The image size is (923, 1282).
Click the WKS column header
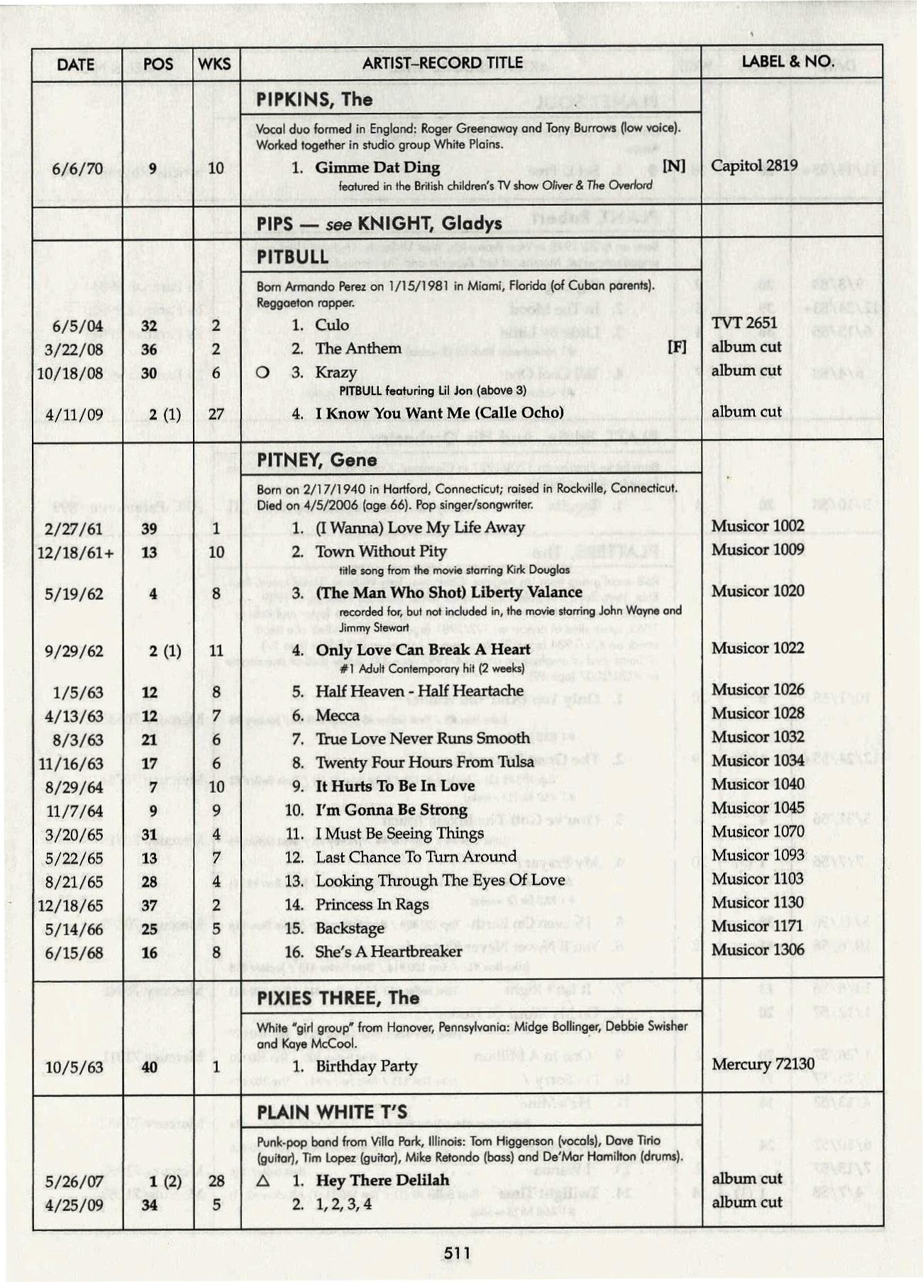pyautogui.click(x=214, y=64)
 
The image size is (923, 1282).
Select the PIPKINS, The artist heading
pyautogui.click(x=314, y=99)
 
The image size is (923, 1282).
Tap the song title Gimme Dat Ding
pyautogui.click(x=377, y=168)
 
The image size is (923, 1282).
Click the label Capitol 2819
pyautogui.click(x=754, y=166)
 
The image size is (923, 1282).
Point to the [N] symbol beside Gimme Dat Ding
pyautogui.click(x=673, y=166)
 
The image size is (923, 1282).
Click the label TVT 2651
pyautogui.click(x=744, y=323)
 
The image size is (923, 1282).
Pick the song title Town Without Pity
pyautogui.click(x=381, y=552)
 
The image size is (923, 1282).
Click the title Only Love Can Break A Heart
pyautogui.click(x=423, y=650)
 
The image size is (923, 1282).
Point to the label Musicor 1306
pyautogui.click(x=758, y=950)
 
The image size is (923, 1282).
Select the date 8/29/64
pyautogui.click(x=74, y=788)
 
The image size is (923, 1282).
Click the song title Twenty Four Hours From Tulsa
pyautogui.click(x=424, y=762)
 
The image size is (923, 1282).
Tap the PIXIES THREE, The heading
pyautogui.click(x=338, y=998)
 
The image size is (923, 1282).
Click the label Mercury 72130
pyautogui.click(x=763, y=1064)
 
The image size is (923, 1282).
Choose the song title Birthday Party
pyautogui.click(x=366, y=1066)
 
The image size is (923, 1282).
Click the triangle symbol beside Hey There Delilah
pyautogui.click(x=263, y=1182)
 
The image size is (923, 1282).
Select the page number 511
pyautogui.click(x=457, y=1253)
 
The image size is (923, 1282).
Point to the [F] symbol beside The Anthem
pyautogui.click(x=677, y=347)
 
